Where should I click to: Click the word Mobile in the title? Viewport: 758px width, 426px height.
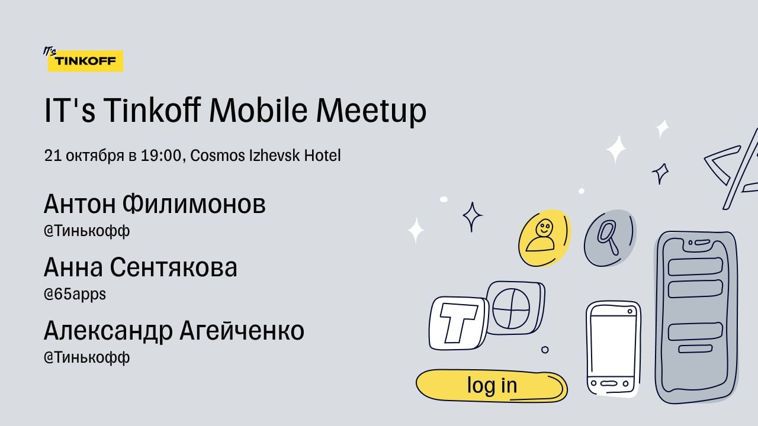(x=258, y=110)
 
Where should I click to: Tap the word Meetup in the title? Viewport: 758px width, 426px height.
(x=371, y=112)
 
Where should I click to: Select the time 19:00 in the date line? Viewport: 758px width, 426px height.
(x=160, y=156)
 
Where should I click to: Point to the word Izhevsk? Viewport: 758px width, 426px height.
(x=274, y=156)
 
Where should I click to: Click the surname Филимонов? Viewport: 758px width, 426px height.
(x=194, y=204)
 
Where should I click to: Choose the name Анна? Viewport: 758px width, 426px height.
(x=73, y=267)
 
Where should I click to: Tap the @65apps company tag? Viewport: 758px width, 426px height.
(x=75, y=294)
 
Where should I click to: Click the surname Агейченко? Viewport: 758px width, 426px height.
(x=242, y=330)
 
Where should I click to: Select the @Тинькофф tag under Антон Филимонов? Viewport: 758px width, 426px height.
(x=86, y=231)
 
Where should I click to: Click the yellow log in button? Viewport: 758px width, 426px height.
(x=492, y=386)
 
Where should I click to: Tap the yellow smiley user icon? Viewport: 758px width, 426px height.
(x=545, y=238)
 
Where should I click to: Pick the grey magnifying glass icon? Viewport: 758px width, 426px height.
(x=610, y=238)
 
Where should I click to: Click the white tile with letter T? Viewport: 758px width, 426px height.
(x=458, y=323)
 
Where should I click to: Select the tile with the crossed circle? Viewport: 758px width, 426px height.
(x=515, y=308)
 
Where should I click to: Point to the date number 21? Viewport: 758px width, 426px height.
(x=53, y=156)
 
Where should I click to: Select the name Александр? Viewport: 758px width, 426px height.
(x=108, y=330)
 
